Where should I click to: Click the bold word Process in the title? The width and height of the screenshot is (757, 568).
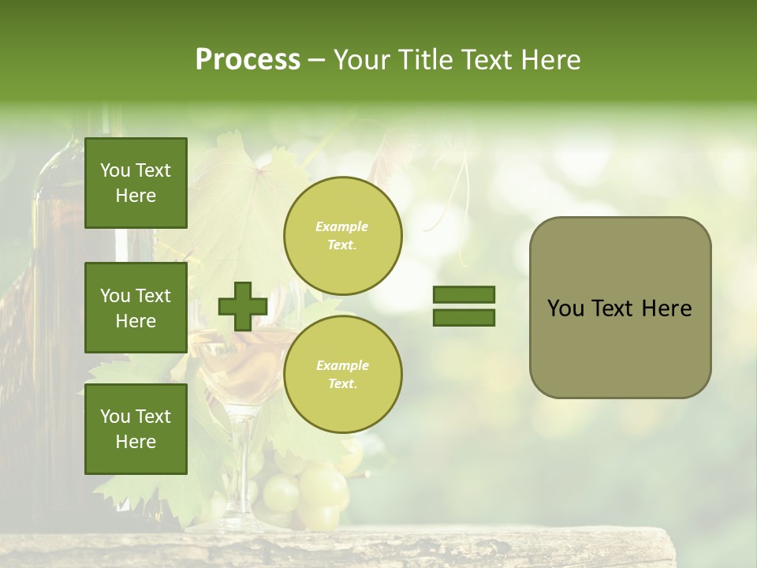coord(248,60)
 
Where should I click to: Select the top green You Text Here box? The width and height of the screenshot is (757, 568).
coord(136,183)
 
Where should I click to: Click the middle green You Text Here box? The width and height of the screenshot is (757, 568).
coord(136,308)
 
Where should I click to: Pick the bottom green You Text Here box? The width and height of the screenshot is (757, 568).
coord(136,429)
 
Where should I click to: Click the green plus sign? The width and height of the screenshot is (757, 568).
coord(242,306)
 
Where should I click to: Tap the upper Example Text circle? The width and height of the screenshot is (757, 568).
coord(342,235)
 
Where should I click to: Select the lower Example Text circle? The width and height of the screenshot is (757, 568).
coord(342,374)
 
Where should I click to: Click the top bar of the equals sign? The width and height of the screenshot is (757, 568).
coord(464,294)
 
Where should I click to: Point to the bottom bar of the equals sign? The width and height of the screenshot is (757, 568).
coord(464,318)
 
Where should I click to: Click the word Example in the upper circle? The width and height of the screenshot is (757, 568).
coord(341,226)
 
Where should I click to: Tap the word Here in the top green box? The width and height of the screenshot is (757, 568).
coord(136,196)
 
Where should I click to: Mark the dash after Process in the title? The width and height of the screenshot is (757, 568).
coord(317,60)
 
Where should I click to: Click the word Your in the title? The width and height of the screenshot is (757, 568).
coord(360,60)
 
